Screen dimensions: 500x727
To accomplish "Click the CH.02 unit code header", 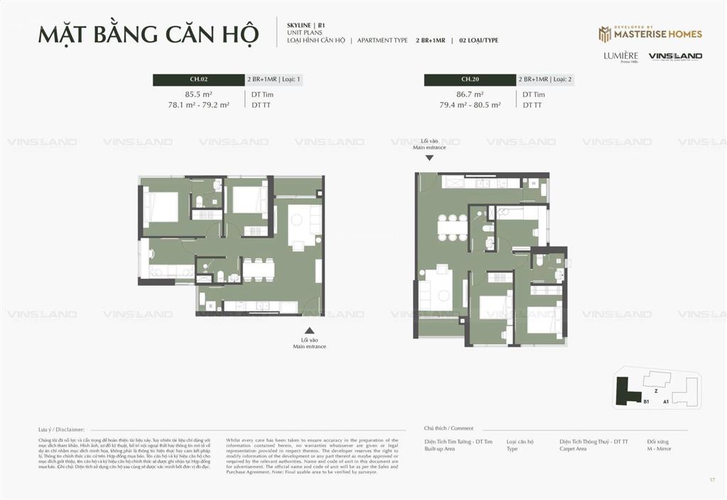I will pos(198,79).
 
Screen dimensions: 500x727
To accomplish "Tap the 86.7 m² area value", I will pos(469,94).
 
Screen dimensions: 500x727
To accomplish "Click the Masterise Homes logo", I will pos(650,33).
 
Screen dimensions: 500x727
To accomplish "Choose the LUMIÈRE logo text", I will pos(621,56).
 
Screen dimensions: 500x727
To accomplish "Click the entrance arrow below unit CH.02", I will pos(309,330).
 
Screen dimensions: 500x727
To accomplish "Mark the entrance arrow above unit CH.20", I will pos(428,157).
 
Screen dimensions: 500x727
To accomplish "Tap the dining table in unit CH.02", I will pos(258,269).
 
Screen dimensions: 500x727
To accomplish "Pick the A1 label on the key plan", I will pos(666,401).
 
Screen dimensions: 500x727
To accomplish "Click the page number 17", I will pos(711,480).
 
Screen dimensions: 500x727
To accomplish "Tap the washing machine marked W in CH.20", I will pos(534,183).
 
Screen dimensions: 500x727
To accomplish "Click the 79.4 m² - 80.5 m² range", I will pos(469,105).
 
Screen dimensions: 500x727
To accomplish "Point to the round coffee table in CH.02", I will pos(297,219).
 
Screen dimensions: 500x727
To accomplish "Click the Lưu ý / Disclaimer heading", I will pos(62,429).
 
